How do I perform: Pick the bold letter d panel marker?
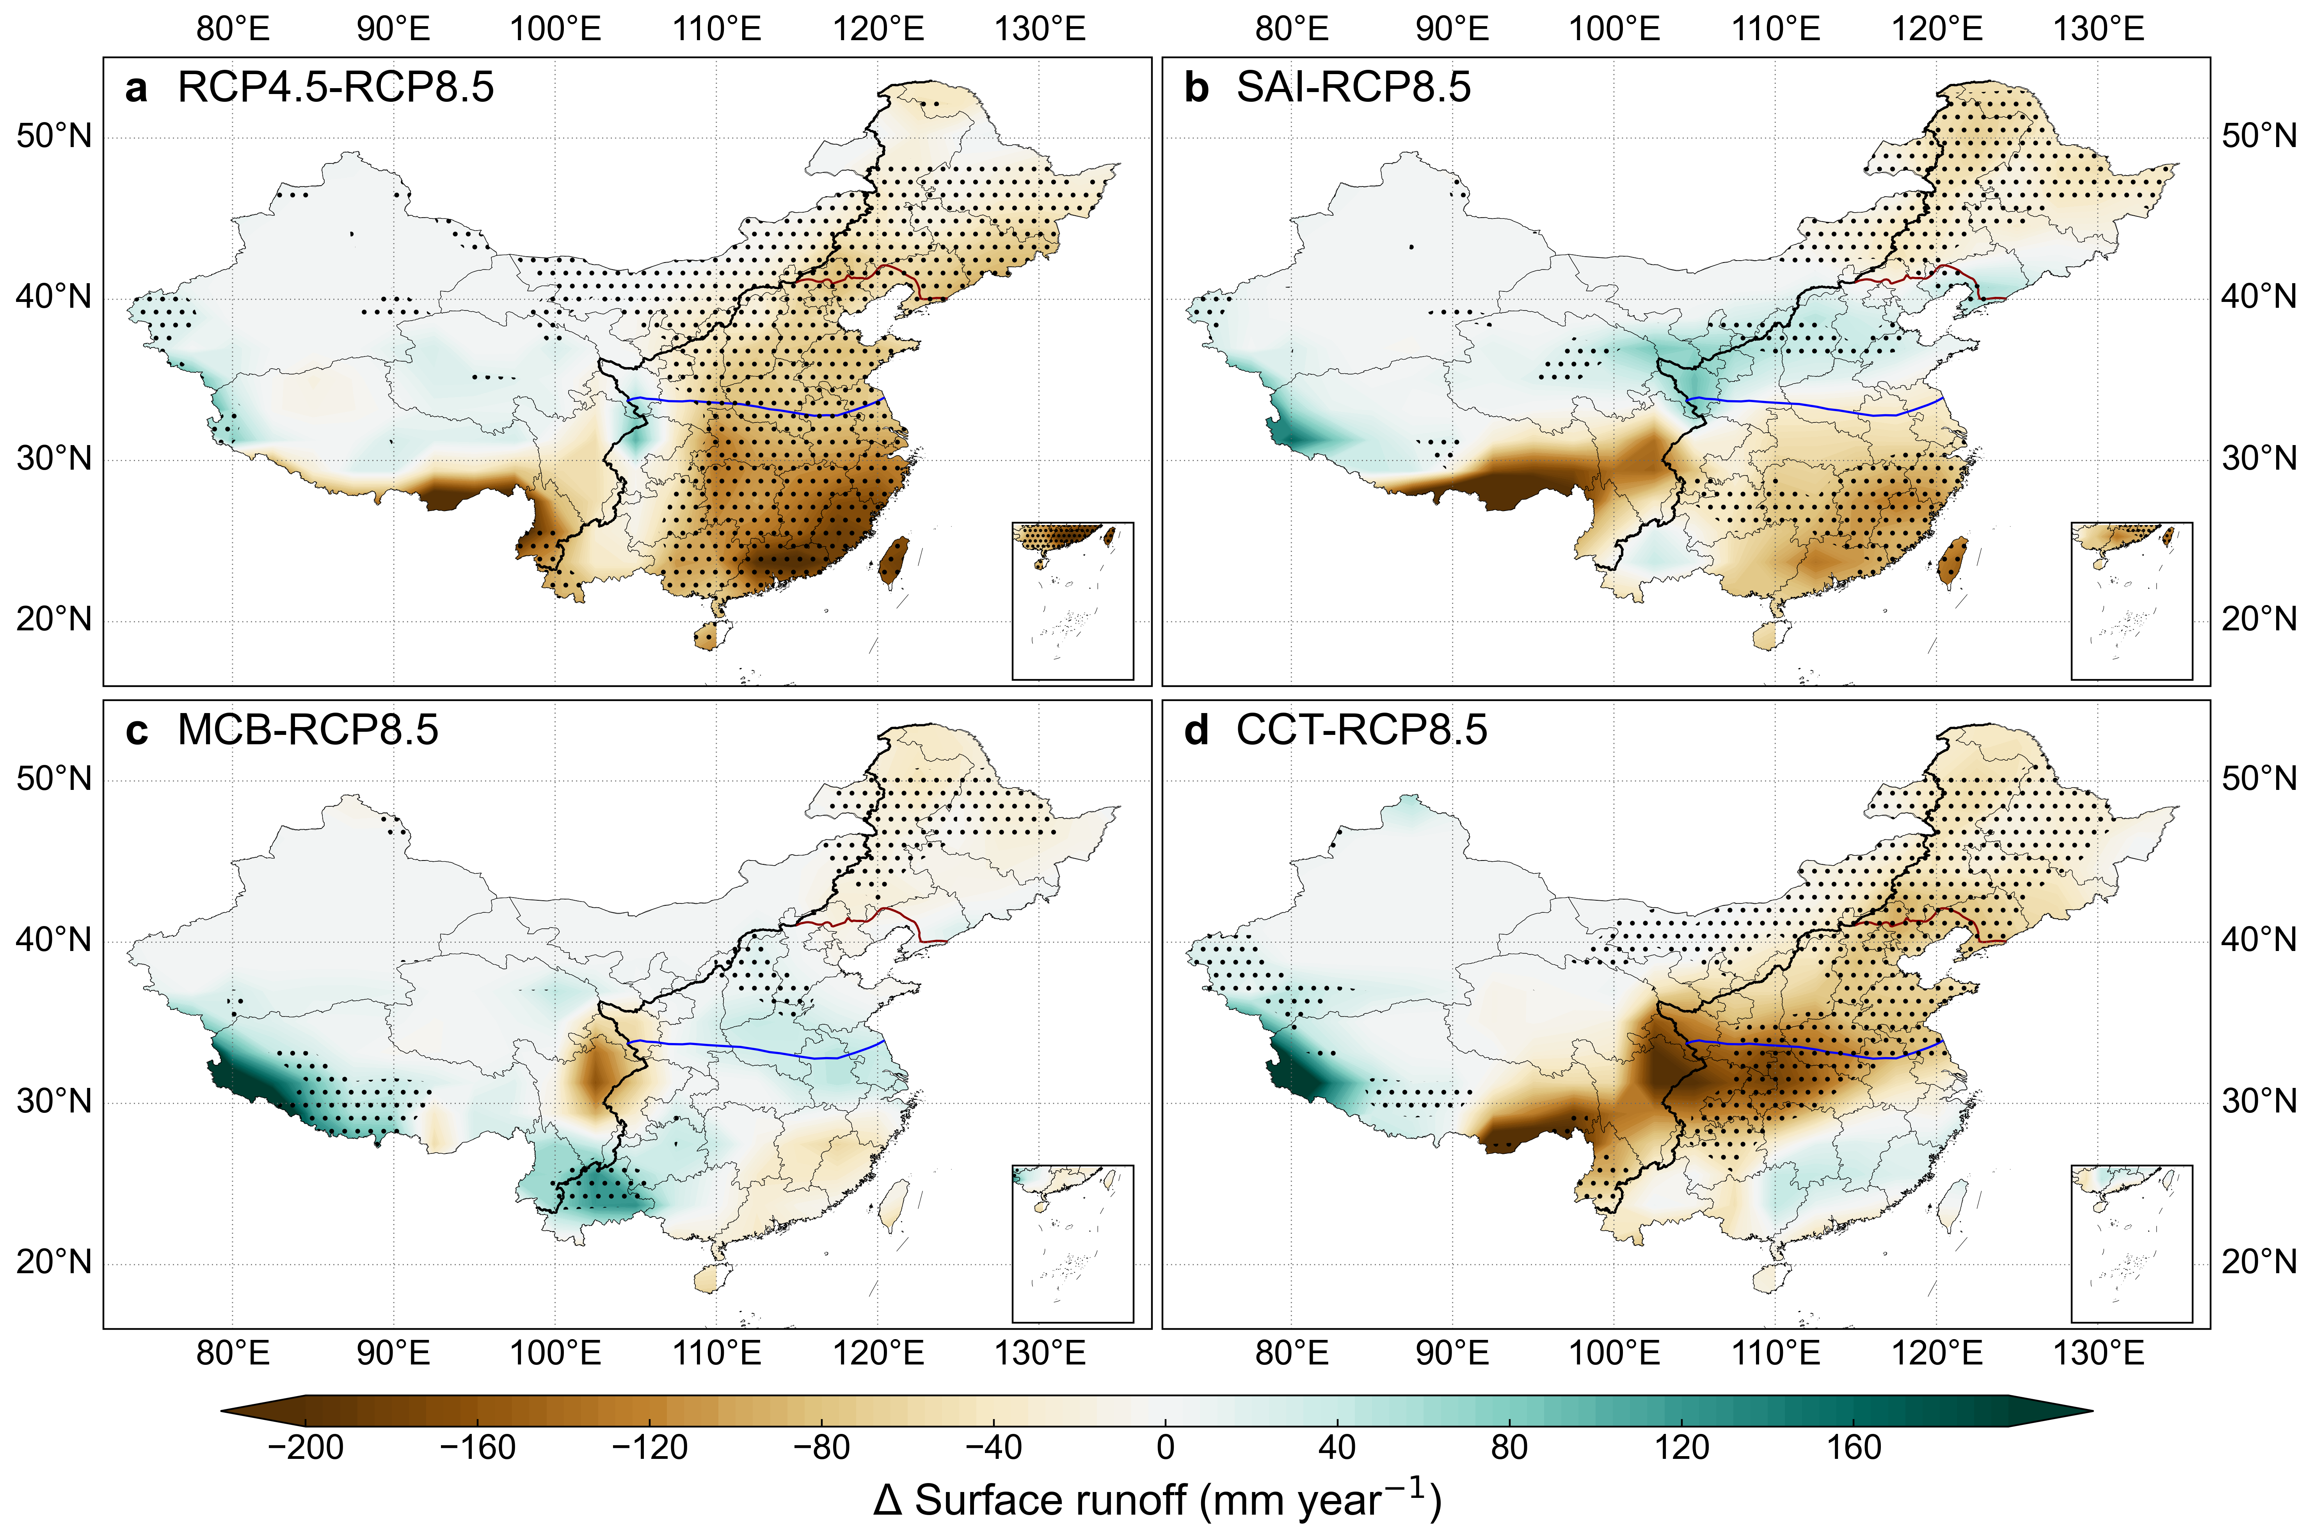click(x=1196, y=731)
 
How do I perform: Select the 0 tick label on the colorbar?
click(x=1165, y=1448)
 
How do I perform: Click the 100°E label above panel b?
click(x=1614, y=28)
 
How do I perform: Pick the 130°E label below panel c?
click(x=1040, y=1354)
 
